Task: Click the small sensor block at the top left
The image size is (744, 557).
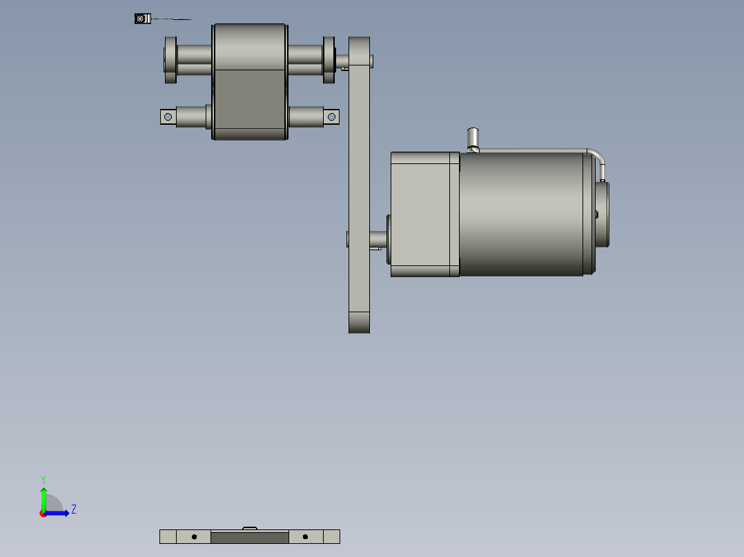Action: (x=141, y=19)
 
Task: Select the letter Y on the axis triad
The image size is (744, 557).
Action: (x=43, y=478)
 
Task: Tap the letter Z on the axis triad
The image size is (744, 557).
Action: (x=73, y=509)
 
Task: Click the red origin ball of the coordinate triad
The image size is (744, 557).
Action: (x=43, y=514)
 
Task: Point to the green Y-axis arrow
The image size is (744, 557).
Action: (x=43, y=496)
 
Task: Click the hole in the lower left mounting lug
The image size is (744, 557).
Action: (x=168, y=117)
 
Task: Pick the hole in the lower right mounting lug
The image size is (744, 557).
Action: (x=331, y=117)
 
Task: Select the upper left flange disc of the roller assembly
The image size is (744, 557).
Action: (x=170, y=59)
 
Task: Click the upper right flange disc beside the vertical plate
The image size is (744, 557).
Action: (x=329, y=59)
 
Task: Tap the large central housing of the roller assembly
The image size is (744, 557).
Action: (x=250, y=81)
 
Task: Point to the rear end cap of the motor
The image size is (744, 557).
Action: (x=603, y=214)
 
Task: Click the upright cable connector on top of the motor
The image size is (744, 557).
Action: (x=473, y=138)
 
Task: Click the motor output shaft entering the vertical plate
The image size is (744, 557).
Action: (x=378, y=239)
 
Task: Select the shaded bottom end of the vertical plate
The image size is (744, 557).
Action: (x=359, y=323)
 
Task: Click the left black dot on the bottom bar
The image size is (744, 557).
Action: (x=195, y=536)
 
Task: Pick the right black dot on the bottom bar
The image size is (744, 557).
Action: (x=305, y=536)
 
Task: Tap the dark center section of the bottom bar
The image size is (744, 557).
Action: (x=249, y=537)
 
